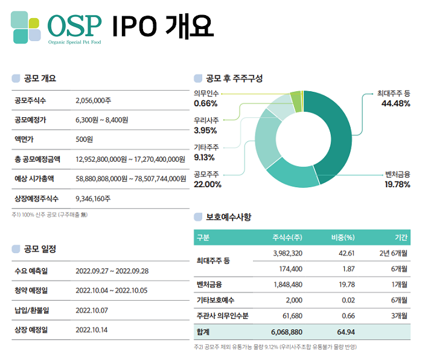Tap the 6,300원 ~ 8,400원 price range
(102, 120)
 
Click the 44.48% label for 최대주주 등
(395, 104)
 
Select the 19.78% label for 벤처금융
(395, 184)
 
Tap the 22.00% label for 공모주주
(208, 184)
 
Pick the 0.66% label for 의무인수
(206, 104)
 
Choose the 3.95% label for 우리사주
(206, 130)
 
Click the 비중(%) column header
(342, 237)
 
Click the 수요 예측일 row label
(31, 271)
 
